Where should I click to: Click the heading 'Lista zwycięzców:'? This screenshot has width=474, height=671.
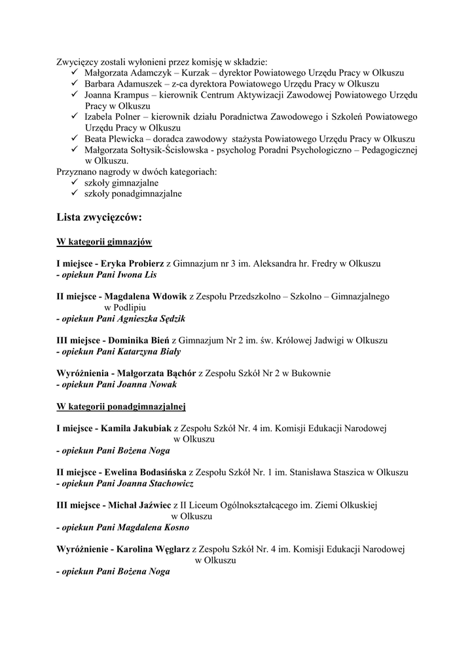pyautogui.click(x=99, y=217)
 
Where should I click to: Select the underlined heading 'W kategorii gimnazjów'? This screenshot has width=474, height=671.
pyautogui.click(x=105, y=242)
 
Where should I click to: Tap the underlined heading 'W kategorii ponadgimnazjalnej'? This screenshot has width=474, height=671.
pyautogui.click(x=122, y=406)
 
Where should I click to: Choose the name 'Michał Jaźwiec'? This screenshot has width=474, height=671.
pyautogui.click(x=139, y=505)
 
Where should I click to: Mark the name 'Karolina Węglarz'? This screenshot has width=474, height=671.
pyautogui.click(x=153, y=549)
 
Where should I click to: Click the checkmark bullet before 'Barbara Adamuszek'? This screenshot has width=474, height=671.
pyautogui.click(x=75, y=83)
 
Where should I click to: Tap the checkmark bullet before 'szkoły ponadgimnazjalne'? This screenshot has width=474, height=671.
pyautogui.click(x=75, y=193)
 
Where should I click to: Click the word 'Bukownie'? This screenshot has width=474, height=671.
pyautogui.click(x=312, y=374)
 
